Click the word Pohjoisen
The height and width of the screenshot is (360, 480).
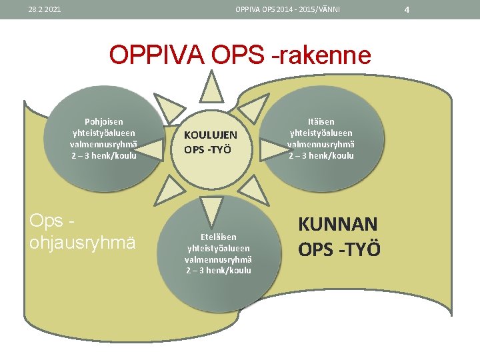point(103,122)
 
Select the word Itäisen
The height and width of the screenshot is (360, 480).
point(321,122)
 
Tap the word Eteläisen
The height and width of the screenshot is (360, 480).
point(219,237)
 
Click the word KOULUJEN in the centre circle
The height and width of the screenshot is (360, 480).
point(211,135)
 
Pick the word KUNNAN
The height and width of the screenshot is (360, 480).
point(338,224)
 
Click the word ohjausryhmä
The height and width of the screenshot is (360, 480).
point(82,242)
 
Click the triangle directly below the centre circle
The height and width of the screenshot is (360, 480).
point(212,211)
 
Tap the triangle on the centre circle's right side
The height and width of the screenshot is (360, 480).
point(274,148)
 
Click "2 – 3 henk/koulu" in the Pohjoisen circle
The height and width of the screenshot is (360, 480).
point(103,156)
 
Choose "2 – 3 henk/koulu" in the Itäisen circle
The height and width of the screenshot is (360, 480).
point(321,156)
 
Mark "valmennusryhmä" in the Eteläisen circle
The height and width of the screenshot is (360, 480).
point(219,259)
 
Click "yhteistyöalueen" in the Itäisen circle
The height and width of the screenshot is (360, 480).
point(321,133)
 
